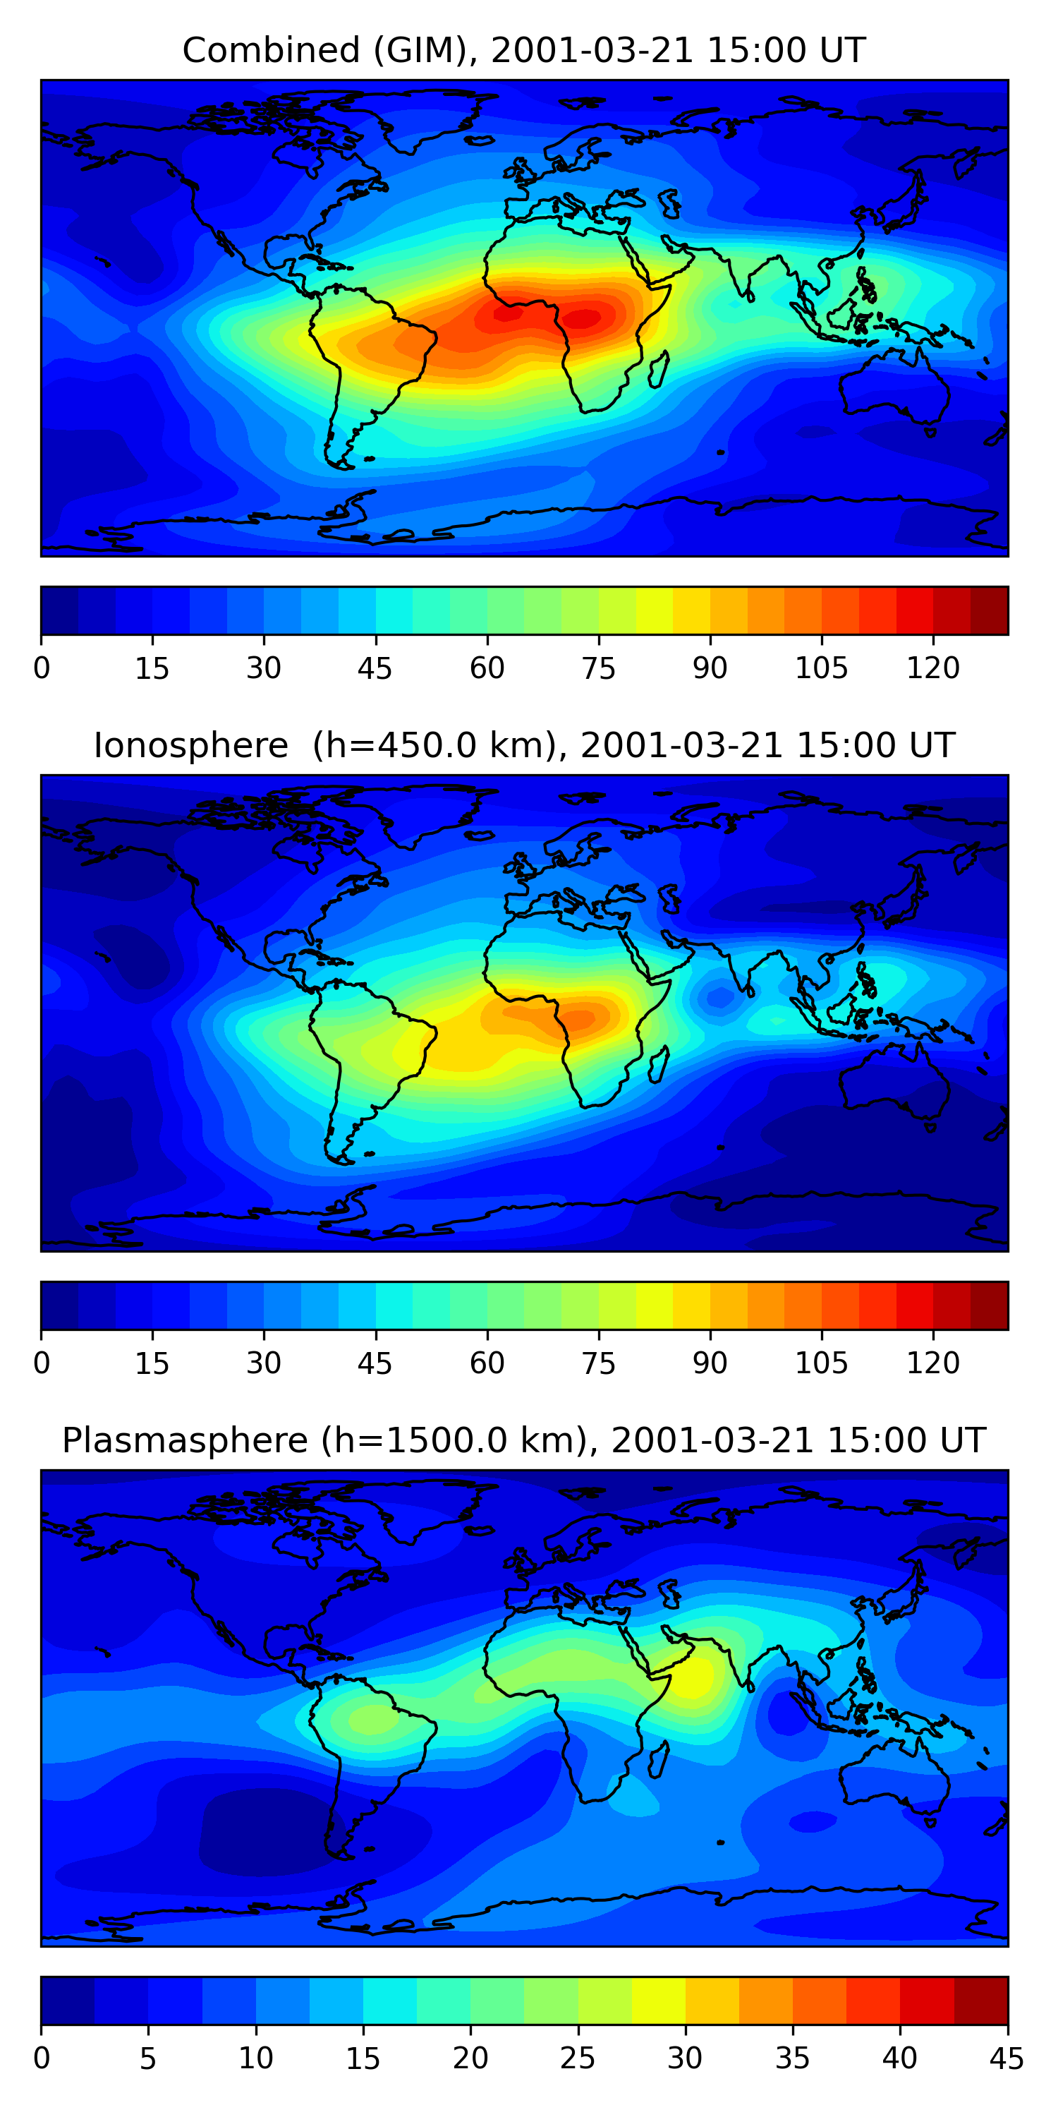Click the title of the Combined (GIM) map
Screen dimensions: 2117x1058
524,50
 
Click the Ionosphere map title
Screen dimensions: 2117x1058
524,745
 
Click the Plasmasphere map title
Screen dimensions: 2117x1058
524,1441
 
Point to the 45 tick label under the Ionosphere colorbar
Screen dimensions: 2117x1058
375,1363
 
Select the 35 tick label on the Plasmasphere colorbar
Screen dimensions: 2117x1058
793,2058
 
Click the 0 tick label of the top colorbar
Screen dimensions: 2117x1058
42,668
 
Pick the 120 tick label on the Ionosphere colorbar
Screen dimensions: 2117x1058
933,1363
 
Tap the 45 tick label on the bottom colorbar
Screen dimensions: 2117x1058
1007,2058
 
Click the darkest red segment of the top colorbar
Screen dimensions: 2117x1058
989,610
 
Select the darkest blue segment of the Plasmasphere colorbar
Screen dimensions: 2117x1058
67,2001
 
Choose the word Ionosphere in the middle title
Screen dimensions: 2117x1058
190,745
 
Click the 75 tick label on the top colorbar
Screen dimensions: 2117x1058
599,668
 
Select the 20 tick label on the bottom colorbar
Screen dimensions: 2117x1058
470,2058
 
